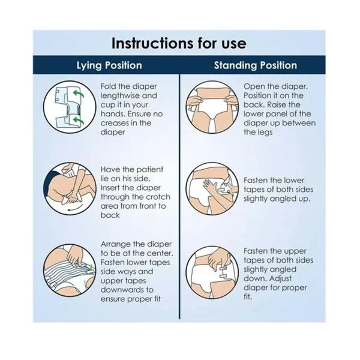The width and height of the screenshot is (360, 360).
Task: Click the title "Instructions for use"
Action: pos(179,43)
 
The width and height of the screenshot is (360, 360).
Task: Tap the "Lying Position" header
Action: pos(109,65)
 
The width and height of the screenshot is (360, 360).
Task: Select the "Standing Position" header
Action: pos(256,65)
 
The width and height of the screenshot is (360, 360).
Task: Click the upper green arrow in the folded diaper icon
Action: pos(78,94)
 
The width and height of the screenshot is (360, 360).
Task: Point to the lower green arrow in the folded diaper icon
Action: pos(78,120)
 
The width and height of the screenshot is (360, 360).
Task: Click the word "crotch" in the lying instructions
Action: pos(158,197)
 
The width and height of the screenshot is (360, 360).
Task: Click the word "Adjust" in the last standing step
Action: pos(280,279)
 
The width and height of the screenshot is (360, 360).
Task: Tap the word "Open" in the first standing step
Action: pos(253,87)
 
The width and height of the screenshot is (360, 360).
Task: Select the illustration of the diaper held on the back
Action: pos(212,107)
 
